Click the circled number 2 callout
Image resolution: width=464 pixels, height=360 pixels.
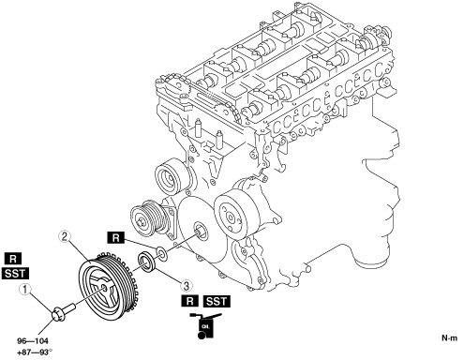click(x=64, y=236)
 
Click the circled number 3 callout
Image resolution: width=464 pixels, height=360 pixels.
click(x=186, y=285)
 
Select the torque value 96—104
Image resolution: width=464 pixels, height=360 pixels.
click(x=33, y=341)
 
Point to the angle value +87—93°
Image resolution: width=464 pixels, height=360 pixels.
click(x=35, y=352)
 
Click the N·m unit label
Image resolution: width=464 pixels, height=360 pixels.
click(x=449, y=337)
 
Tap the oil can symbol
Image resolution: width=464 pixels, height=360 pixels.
click(x=205, y=326)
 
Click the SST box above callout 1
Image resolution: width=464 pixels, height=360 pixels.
click(x=15, y=274)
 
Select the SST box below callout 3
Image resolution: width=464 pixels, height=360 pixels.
click(x=217, y=301)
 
